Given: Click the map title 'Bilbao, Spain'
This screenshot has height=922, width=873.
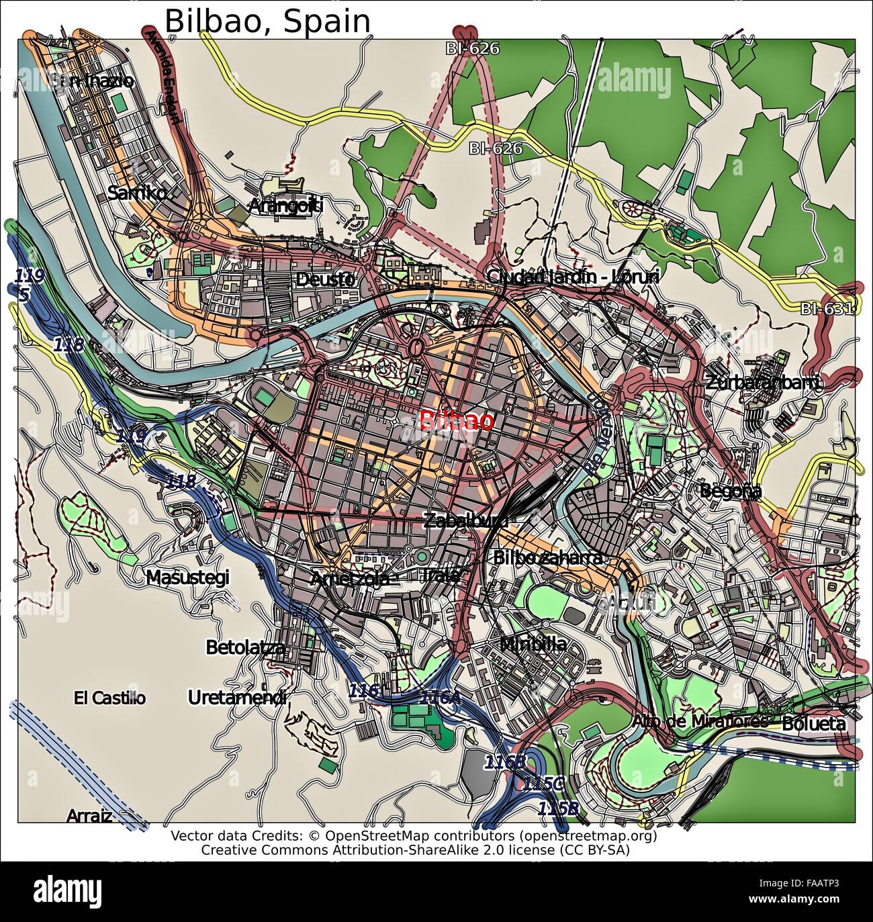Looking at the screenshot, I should pyautogui.click(x=267, y=21).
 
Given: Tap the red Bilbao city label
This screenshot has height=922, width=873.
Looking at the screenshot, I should pyautogui.click(x=456, y=421).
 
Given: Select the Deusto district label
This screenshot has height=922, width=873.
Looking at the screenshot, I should pyautogui.click(x=325, y=279).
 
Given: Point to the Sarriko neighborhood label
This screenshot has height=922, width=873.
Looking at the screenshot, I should pyautogui.click(x=137, y=193).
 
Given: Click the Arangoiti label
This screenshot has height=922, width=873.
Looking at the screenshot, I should pyautogui.click(x=285, y=206).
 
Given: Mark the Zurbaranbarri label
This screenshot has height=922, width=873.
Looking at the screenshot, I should pyautogui.click(x=763, y=383).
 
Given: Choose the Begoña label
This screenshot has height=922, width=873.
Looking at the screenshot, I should pyautogui.click(x=731, y=491).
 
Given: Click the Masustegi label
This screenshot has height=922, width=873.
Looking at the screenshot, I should pyautogui.click(x=187, y=578).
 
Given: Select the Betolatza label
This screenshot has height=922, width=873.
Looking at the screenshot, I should pyautogui.click(x=245, y=647).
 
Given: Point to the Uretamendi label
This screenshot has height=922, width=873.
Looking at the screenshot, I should pyautogui.click(x=237, y=698).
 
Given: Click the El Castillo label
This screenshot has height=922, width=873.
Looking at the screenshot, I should pyautogui.click(x=109, y=698).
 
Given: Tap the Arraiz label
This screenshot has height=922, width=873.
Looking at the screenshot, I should pyautogui.click(x=89, y=816).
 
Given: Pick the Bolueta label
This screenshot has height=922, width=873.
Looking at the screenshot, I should pyautogui.click(x=813, y=724).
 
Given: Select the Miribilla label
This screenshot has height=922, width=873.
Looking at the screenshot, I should pyautogui.click(x=533, y=645).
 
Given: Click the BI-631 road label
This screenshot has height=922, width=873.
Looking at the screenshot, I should pyautogui.click(x=827, y=309).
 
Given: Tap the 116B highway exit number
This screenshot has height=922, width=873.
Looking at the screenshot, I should pyautogui.click(x=505, y=762).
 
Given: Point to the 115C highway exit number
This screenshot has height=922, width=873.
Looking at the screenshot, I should pyautogui.click(x=544, y=784).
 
